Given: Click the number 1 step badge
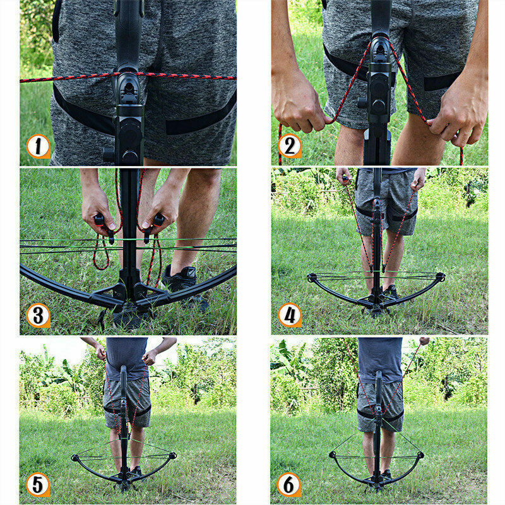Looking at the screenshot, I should [x=38, y=146].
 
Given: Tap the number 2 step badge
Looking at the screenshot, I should [x=289, y=146].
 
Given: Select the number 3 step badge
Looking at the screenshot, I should [x=38, y=315].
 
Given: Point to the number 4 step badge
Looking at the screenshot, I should [x=289, y=315].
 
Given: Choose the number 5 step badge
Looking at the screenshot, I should [x=38, y=485].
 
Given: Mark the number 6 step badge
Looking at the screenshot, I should [x=289, y=485].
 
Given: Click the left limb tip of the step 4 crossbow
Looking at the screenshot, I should [x=312, y=277].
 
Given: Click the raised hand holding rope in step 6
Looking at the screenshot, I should [x=424, y=341].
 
